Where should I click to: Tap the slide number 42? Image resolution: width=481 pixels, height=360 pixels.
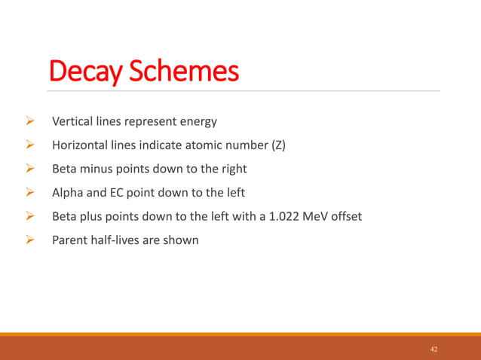pos(434,349)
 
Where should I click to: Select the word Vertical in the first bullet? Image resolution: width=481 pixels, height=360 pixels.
pos(72,121)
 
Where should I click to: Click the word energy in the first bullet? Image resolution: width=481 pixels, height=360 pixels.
pos(198,121)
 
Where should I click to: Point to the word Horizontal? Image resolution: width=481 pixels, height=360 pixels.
pos(79,145)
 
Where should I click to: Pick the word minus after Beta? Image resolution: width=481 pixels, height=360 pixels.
pos(99,169)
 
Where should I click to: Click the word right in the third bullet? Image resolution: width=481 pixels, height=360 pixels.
pos(231,169)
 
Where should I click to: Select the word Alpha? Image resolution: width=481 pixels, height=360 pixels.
pos(68,193)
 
